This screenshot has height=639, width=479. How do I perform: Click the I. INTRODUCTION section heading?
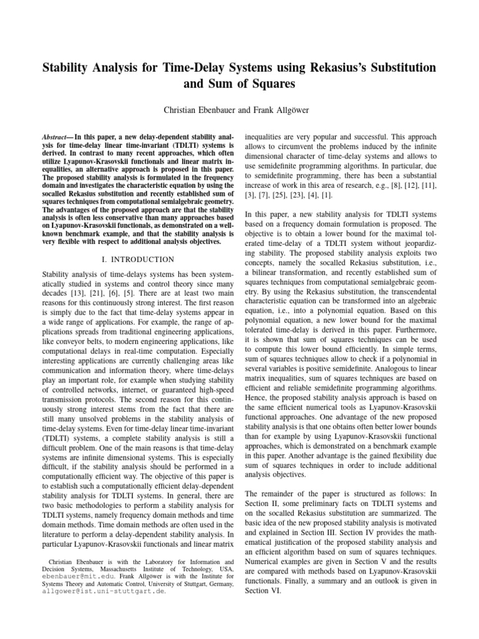point(136,258)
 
